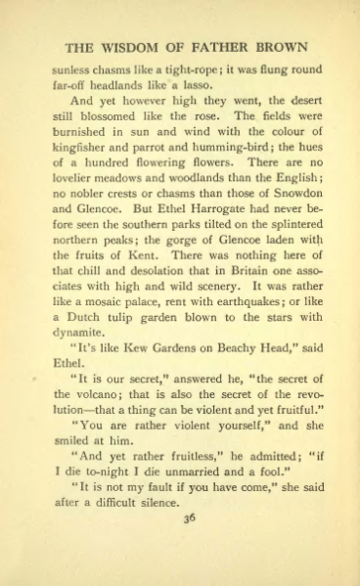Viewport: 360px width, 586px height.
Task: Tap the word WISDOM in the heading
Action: [x=133, y=47]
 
